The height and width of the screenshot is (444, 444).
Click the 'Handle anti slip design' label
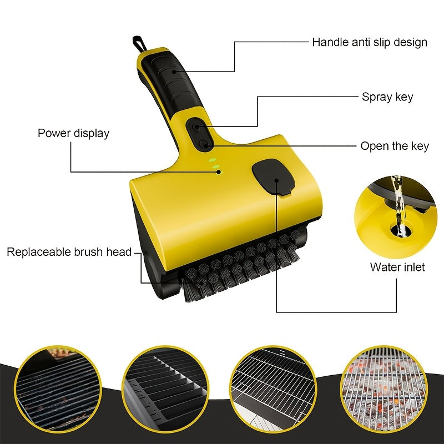click(370, 43)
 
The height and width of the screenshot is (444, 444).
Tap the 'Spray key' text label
click(387, 97)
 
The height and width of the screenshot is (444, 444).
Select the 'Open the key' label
click(395, 146)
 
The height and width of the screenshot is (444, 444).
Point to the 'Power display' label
click(74, 133)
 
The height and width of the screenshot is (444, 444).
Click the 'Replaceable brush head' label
click(69, 252)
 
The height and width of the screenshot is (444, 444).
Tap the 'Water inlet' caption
click(397, 267)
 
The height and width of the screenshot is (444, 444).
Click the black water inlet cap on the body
click(274, 177)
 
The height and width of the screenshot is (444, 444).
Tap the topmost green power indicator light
click(212, 159)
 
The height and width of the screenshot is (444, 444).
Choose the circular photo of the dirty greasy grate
click(58, 390)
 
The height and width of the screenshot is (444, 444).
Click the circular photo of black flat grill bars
click(166, 390)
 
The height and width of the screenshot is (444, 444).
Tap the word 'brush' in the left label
click(89, 252)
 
